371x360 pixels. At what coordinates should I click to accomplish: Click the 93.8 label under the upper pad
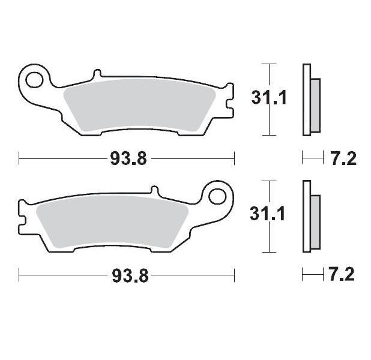127,159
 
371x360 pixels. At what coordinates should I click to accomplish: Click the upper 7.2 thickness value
343,159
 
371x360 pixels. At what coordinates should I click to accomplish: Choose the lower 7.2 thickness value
343,275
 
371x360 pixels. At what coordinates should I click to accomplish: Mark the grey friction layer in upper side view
316,106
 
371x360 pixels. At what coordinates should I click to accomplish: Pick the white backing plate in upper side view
307,99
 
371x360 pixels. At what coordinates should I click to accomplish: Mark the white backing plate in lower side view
307,216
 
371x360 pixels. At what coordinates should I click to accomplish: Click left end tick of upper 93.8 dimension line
19,158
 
